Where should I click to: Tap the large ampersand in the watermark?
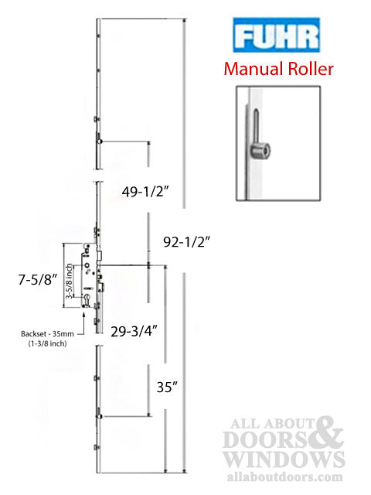(x=327, y=431)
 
